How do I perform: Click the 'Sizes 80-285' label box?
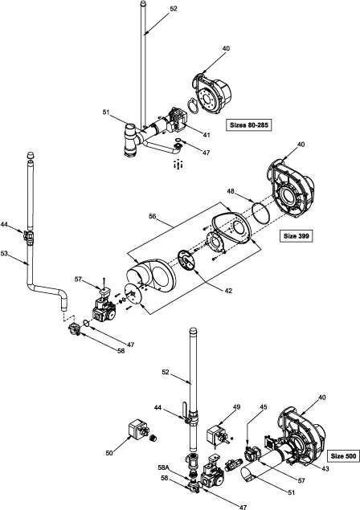coord(248,125)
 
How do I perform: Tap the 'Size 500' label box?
coord(343,456)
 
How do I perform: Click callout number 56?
coord(153,216)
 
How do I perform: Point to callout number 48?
coord(231,192)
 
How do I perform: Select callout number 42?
coord(228,291)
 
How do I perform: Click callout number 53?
coord(4,253)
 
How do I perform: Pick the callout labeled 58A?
coord(163,467)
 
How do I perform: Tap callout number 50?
coord(109,452)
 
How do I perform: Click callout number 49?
coord(236,407)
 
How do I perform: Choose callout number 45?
coord(264,407)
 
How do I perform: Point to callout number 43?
coord(325,469)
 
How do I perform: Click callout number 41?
coord(207,135)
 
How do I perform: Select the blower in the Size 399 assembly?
coord(291,189)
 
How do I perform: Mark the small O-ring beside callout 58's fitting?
coord(87,323)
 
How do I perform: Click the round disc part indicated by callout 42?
coord(186,259)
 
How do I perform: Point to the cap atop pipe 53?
coord(31,154)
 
